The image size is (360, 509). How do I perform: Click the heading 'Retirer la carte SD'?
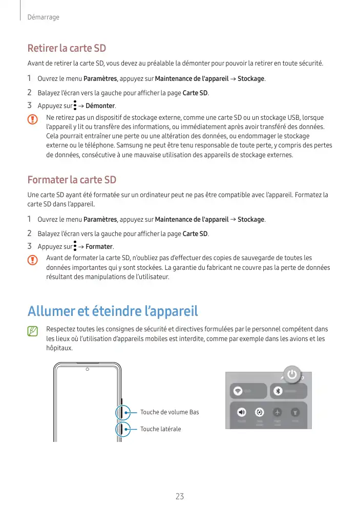tap(67, 49)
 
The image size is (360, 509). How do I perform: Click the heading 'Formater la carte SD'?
tap(72, 180)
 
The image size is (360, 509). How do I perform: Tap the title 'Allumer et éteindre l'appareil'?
tap(112, 311)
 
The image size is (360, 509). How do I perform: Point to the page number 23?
tap(180, 496)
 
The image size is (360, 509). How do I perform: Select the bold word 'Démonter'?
tap(100, 106)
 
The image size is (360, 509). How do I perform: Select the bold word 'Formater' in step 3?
tap(99, 247)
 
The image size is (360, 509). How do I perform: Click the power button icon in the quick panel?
tap(291, 374)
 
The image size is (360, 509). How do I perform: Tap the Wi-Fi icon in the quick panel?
tap(238, 391)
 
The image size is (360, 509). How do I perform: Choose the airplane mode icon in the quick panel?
tap(277, 412)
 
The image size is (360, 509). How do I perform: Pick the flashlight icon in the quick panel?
tap(295, 412)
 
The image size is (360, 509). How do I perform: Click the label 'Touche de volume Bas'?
tap(170, 412)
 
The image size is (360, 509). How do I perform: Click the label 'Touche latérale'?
tap(160, 429)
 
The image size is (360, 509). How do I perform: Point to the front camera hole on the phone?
tap(88, 369)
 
